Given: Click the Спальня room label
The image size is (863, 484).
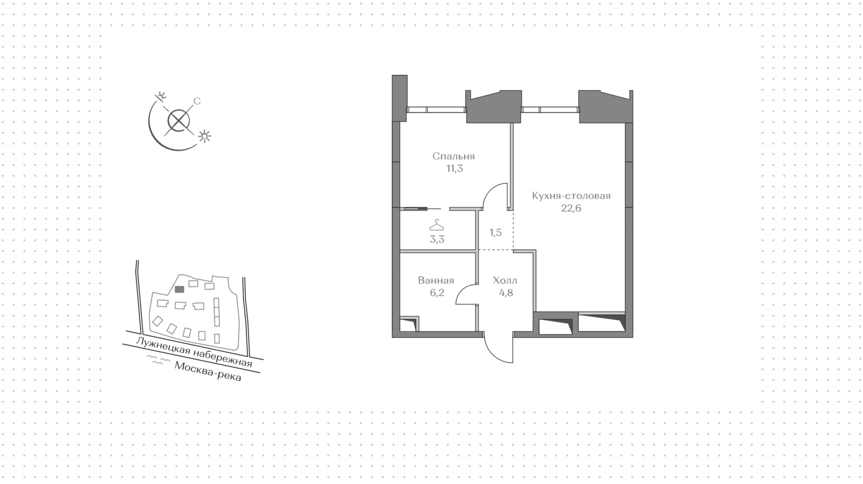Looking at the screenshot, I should [x=454, y=156].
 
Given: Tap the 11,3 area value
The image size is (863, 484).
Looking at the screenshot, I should [x=454, y=169].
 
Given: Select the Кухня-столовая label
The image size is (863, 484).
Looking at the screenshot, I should [x=571, y=196].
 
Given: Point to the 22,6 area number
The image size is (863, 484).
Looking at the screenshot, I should [x=571, y=208].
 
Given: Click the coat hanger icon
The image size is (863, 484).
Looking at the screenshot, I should [x=436, y=224].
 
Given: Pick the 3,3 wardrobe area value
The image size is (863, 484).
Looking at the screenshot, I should [x=436, y=239].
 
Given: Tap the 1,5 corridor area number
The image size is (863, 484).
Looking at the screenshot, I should [x=495, y=233].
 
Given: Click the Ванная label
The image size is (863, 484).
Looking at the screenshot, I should [x=436, y=281].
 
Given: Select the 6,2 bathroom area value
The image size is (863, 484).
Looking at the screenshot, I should [x=436, y=293].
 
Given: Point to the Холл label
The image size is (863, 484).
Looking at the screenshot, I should [x=505, y=281].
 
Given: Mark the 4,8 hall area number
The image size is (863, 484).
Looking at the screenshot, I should [x=505, y=293].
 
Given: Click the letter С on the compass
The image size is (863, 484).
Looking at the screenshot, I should [x=196, y=101].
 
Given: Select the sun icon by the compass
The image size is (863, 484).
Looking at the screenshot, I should [x=205, y=136].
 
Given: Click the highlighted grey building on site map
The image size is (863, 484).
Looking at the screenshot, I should [x=179, y=290].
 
